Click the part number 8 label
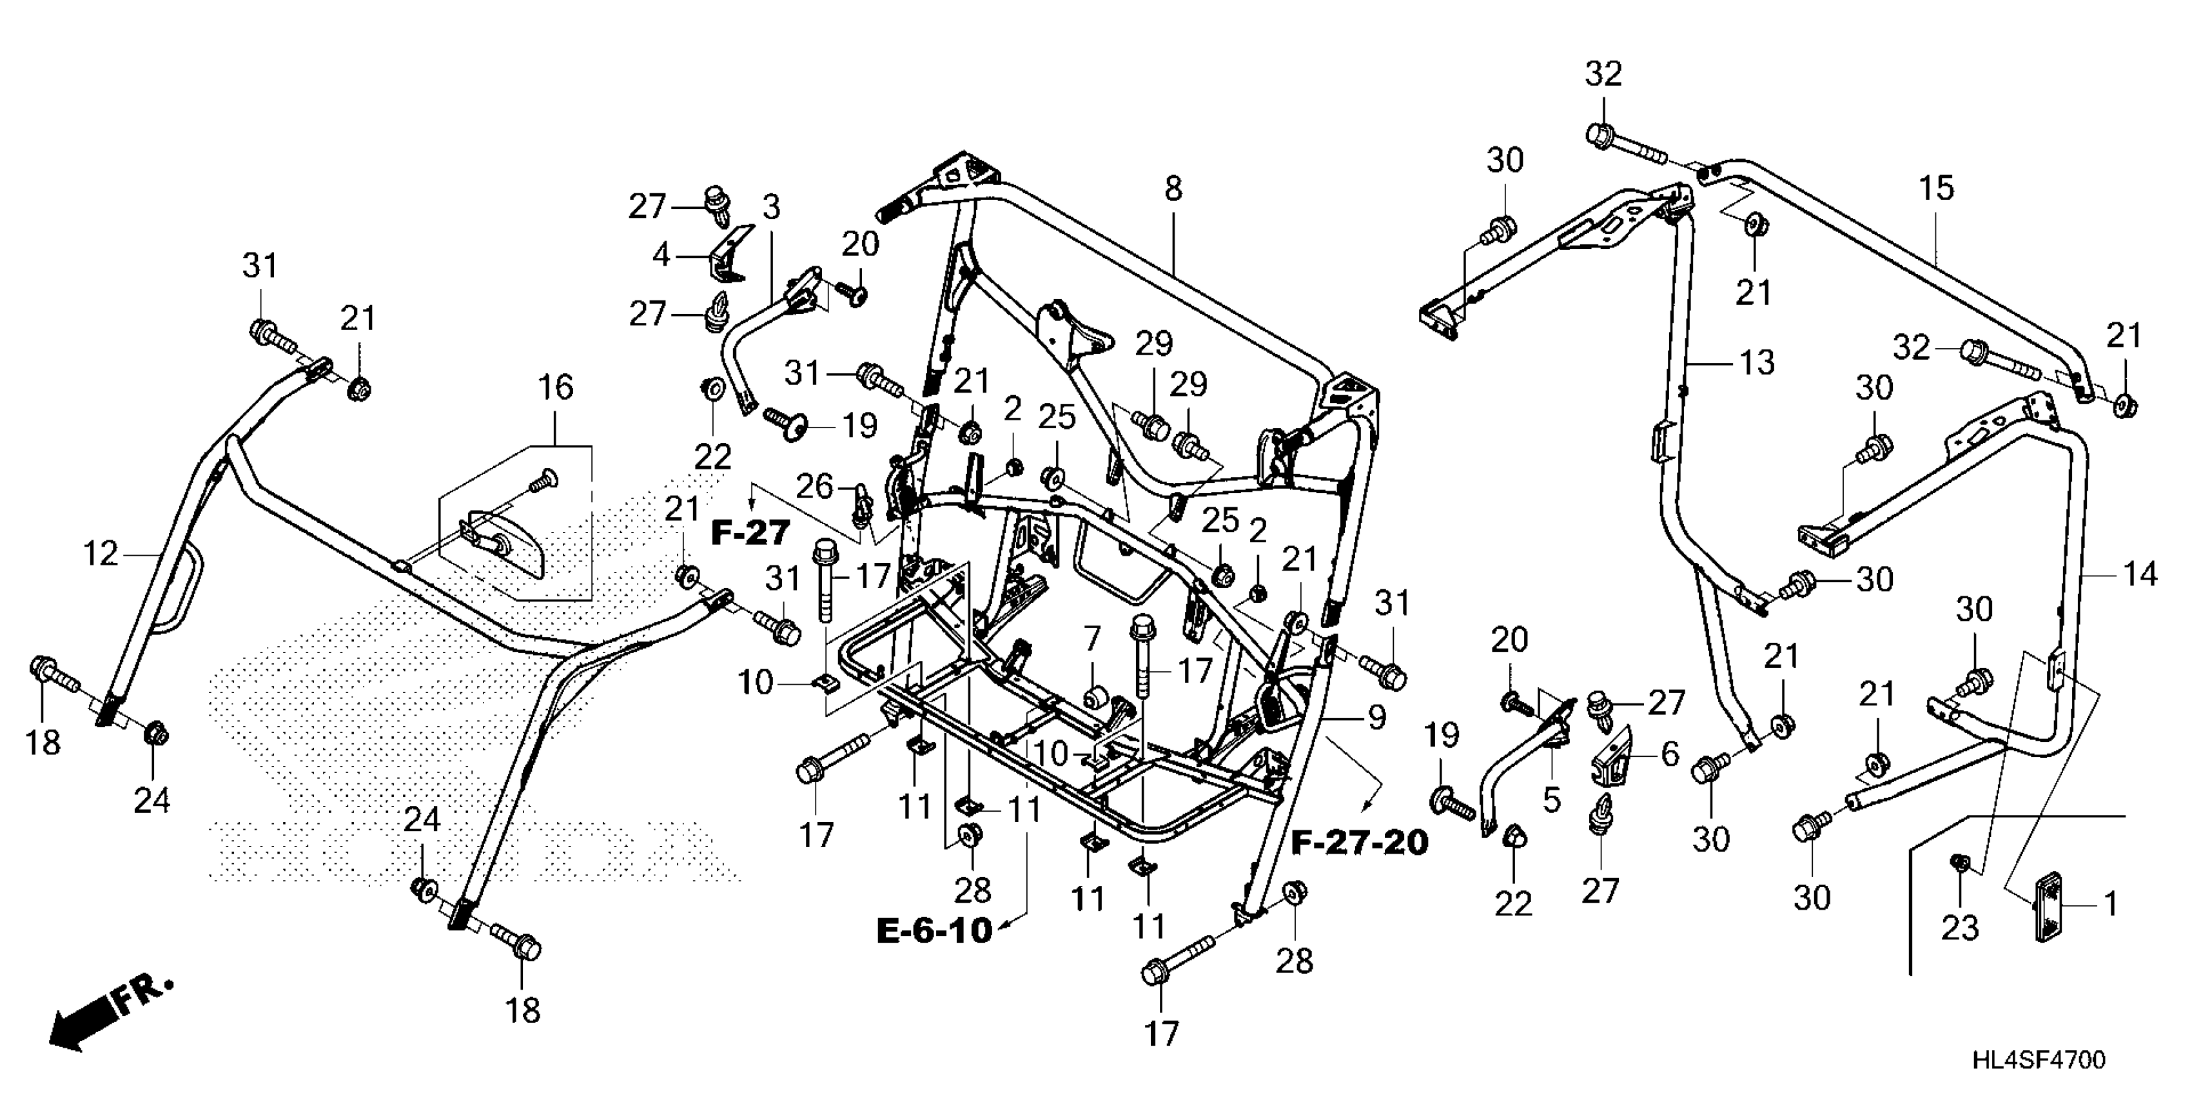(x=1173, y=188)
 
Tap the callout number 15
(x=1937, y=188)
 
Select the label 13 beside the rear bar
(x=1756, y=362)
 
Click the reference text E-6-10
(x=934, y=930)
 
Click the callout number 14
(x=2140, y=575)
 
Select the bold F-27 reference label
(x=750, y=534)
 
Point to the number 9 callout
(x=1375, y=718)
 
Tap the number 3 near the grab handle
(x=772, y=207)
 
